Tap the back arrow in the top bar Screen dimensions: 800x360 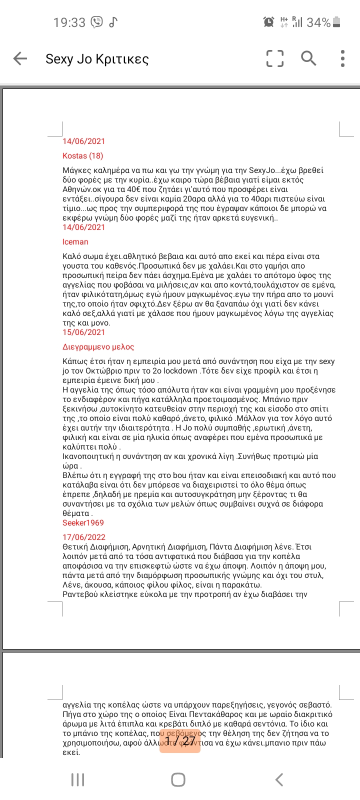(x=20, y=58)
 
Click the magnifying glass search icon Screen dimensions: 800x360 (x=308, y=58)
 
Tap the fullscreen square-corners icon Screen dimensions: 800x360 (x=274, y=58)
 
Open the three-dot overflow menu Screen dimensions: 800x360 (x=342, y=58)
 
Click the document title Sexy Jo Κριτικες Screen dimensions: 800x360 (x=97, y=59)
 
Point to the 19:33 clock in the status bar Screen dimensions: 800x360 (x=69, y=22)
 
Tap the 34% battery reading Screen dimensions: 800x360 (x=318, y=22)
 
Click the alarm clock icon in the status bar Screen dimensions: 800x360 (x=268, y=22)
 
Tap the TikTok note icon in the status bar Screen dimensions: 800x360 (x=113, y=22)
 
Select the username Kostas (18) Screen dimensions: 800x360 (x=83, y=155)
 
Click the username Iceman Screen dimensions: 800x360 (x=75, y=241)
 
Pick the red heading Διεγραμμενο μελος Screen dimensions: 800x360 (x=98, y=346)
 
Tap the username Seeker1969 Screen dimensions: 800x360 (x=83, y=522)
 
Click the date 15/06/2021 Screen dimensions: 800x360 (x=84, y=332)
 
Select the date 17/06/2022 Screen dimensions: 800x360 (x=84, y=537)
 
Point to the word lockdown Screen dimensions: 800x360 (x=181, y=370)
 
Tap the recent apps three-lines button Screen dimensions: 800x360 (x=77, y=779)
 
